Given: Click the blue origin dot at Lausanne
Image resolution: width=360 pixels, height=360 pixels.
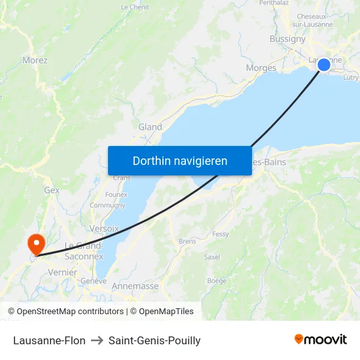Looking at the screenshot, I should point(324,64).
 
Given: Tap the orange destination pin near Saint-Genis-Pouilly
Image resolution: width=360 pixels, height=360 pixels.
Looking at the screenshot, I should point(35,243).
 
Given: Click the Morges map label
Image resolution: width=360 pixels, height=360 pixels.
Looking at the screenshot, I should point(261,67).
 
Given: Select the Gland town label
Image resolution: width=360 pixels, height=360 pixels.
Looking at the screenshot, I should point(150,127).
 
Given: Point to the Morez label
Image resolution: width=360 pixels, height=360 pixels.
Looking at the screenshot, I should point(35,60).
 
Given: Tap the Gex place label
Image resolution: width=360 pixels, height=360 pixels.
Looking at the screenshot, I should point(51,190).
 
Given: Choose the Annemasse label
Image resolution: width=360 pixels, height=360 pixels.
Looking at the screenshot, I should point(135,286).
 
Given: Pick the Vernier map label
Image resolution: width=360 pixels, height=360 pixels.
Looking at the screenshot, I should point(63,272).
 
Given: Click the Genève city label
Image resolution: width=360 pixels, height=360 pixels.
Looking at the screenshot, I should point(93,281).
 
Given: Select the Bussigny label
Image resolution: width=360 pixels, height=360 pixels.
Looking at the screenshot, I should point(287,39).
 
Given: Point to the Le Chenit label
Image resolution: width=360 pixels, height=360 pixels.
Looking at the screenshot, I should point(135,7).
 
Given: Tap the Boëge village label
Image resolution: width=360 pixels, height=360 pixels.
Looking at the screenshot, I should point(217,281).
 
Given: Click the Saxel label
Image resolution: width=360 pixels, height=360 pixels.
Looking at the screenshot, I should point(212,257).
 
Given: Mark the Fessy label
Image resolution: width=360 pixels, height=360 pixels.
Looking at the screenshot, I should point(220,234).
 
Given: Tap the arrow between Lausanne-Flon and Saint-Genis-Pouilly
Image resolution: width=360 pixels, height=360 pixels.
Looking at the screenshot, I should point(97,340).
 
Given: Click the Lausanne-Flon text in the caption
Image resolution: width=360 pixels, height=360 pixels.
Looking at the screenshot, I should point(49,340).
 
